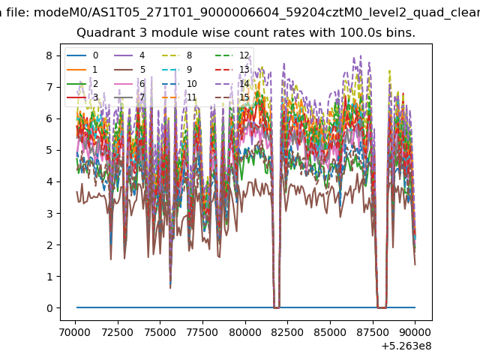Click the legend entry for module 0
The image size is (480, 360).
click(x=82, y=55)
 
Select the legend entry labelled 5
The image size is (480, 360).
click(x=130, y=70)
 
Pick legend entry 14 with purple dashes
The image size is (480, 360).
click(x=232, y=83)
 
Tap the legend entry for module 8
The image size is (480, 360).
click(x=177, y=55)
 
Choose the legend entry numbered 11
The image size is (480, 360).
click(x=179, y=97)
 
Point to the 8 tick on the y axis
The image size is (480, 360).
click(x=49, y=55)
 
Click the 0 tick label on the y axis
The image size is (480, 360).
click(x=49, y=308)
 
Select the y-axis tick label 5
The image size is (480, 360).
click(x=49, y=150)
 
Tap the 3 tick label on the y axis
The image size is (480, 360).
click(x=49, y=213)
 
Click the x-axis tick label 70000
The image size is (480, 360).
click(x=75, y=332)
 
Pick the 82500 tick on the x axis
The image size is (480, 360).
click(x=287, y=332)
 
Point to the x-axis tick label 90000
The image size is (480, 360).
click(x=415, y=332)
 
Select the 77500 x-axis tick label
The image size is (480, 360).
click(x=202, y=332)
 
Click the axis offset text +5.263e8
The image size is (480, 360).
click(x=406, y=346)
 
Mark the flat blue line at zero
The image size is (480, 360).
click(x=246, y=307)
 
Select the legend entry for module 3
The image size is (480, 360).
click(x=82, y=97)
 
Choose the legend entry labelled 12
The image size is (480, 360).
click(x=232, y=55)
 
